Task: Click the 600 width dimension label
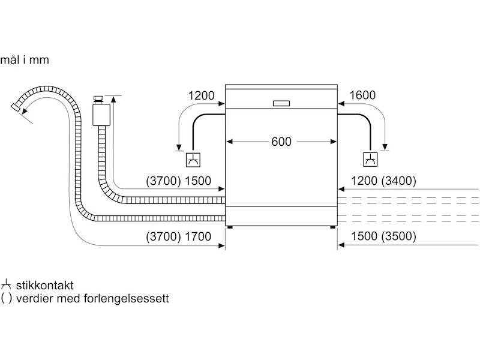[281, 142]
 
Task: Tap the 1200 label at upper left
[201, 95]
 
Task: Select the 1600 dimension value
[361, 95]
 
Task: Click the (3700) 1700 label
[178, 236]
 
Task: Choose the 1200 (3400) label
[384, 181]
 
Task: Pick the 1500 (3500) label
[384, 236]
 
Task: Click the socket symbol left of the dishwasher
[193, 160]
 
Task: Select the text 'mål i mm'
[25, 60]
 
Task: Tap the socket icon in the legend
[7, 285]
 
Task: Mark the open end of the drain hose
[15, 107]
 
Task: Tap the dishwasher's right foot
[332, 226]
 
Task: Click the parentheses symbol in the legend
[7, 298]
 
